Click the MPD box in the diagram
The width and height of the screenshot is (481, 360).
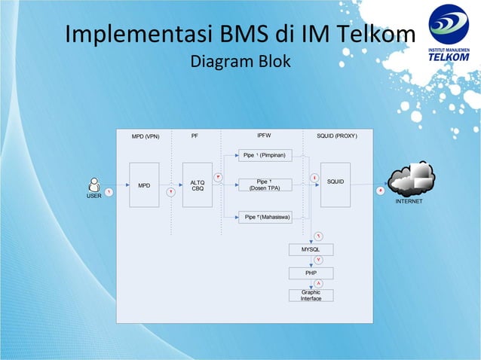(x=144, y=185)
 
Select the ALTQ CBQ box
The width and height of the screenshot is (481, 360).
(x=198, y=185)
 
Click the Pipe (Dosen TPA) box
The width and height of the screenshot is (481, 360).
(x=264, y=185)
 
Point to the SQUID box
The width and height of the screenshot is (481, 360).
(x=335, y=185)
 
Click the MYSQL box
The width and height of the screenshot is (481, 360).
(x=311, y=249)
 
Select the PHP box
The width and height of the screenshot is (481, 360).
(x=311, y=273)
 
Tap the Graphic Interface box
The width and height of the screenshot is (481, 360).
(x=311, y=295)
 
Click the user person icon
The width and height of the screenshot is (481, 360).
(x=94, y=184)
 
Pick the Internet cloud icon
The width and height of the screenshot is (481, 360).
(x=411, y=179)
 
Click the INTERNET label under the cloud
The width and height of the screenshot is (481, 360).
(x=409, y=202)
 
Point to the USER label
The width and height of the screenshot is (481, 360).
(x=93, y=196)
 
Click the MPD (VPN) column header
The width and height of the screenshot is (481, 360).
(x=146, y=136)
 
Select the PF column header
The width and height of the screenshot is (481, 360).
(x=195, y=136)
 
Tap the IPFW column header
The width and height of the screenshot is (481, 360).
(x=264, y=136)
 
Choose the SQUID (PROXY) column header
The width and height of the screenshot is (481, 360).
(x=337, y=136)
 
